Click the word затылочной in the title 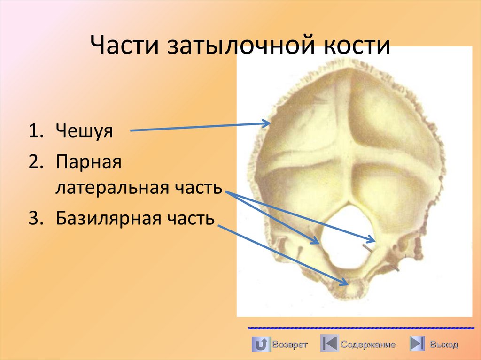[240, 47]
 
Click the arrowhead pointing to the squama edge [268, 123]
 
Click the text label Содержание [368, 345]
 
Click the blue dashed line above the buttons [360, 328]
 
